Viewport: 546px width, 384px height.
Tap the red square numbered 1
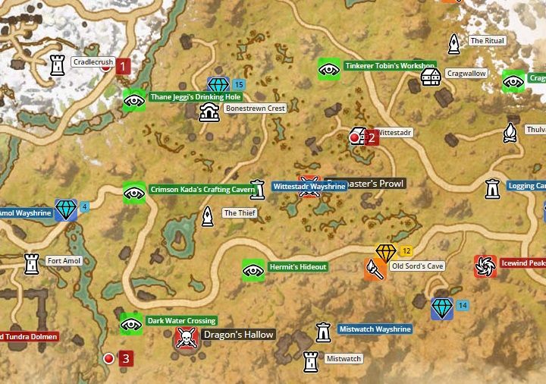pyautogui.click(x=123, y=66)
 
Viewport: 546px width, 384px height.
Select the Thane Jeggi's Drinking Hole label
pyautogui.click(x=195, y=97)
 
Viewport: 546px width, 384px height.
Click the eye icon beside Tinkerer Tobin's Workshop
pyautogui.click(x=328, y=69)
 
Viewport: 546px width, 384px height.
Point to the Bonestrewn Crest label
pyautogui.click(x=255, y=109)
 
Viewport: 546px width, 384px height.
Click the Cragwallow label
pyautogui.click(x=466, y=74)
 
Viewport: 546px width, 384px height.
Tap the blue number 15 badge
pyautogui.click(x=239, y=84)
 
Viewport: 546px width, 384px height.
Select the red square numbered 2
pyautogui.click(x=372, y=137)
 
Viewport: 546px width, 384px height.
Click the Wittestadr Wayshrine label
pyautogui.click(x=309, y=186)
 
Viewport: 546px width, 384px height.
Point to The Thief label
pyautogui.click(x=239, y=213)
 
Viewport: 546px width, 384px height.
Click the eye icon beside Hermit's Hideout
pyautogui.click(x=253, y=269)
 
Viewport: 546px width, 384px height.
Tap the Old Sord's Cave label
pyautogui.click(x=416, y=266)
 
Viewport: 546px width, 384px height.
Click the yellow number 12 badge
pyautogui.click(x=406, y=250)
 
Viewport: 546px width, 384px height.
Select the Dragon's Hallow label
pyautogui.click(x=237, y=335)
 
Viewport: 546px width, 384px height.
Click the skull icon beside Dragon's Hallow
pyautogui.click(x=184, y=338)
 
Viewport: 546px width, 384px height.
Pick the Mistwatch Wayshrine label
pyautogui.click(x=375, y=329)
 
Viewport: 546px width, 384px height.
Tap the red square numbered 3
pyautogui.click(x=126, y=358)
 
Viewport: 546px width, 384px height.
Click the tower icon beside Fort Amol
pyautogui.click(x=31, y=263)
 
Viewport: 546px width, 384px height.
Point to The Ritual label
pyautogui.click(x=487, y=41)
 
